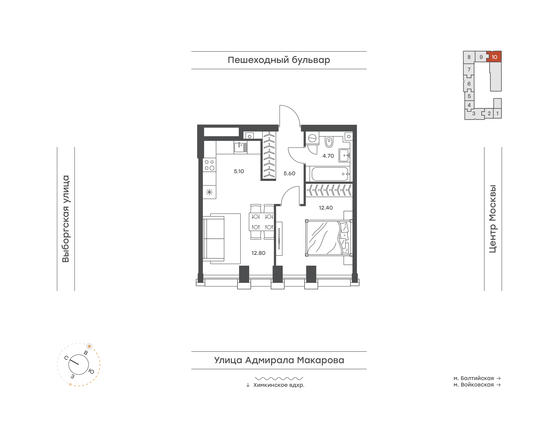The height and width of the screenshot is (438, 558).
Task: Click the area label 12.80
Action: (x=258, y=253)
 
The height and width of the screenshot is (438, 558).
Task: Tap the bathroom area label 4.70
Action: (x=328, y=156)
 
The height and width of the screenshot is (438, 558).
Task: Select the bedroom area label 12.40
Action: (x=326, y=208)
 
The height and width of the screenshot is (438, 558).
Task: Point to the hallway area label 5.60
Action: (x=289, y=174)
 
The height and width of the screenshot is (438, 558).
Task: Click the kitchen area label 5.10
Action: (x=239, y=171)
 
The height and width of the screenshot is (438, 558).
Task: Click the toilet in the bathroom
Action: (x=329, y=142)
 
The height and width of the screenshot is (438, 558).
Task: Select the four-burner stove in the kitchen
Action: (x=209, y=165)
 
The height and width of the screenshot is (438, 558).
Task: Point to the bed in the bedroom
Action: (x=329, y=238)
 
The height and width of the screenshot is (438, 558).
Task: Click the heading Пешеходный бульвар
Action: (x=279, y=60)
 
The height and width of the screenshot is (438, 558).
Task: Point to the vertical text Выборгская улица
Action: (x=66, y=219)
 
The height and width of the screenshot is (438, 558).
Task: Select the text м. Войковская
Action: (x=473, y=385)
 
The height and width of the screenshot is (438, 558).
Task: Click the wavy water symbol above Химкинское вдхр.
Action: (x=279, y=378)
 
